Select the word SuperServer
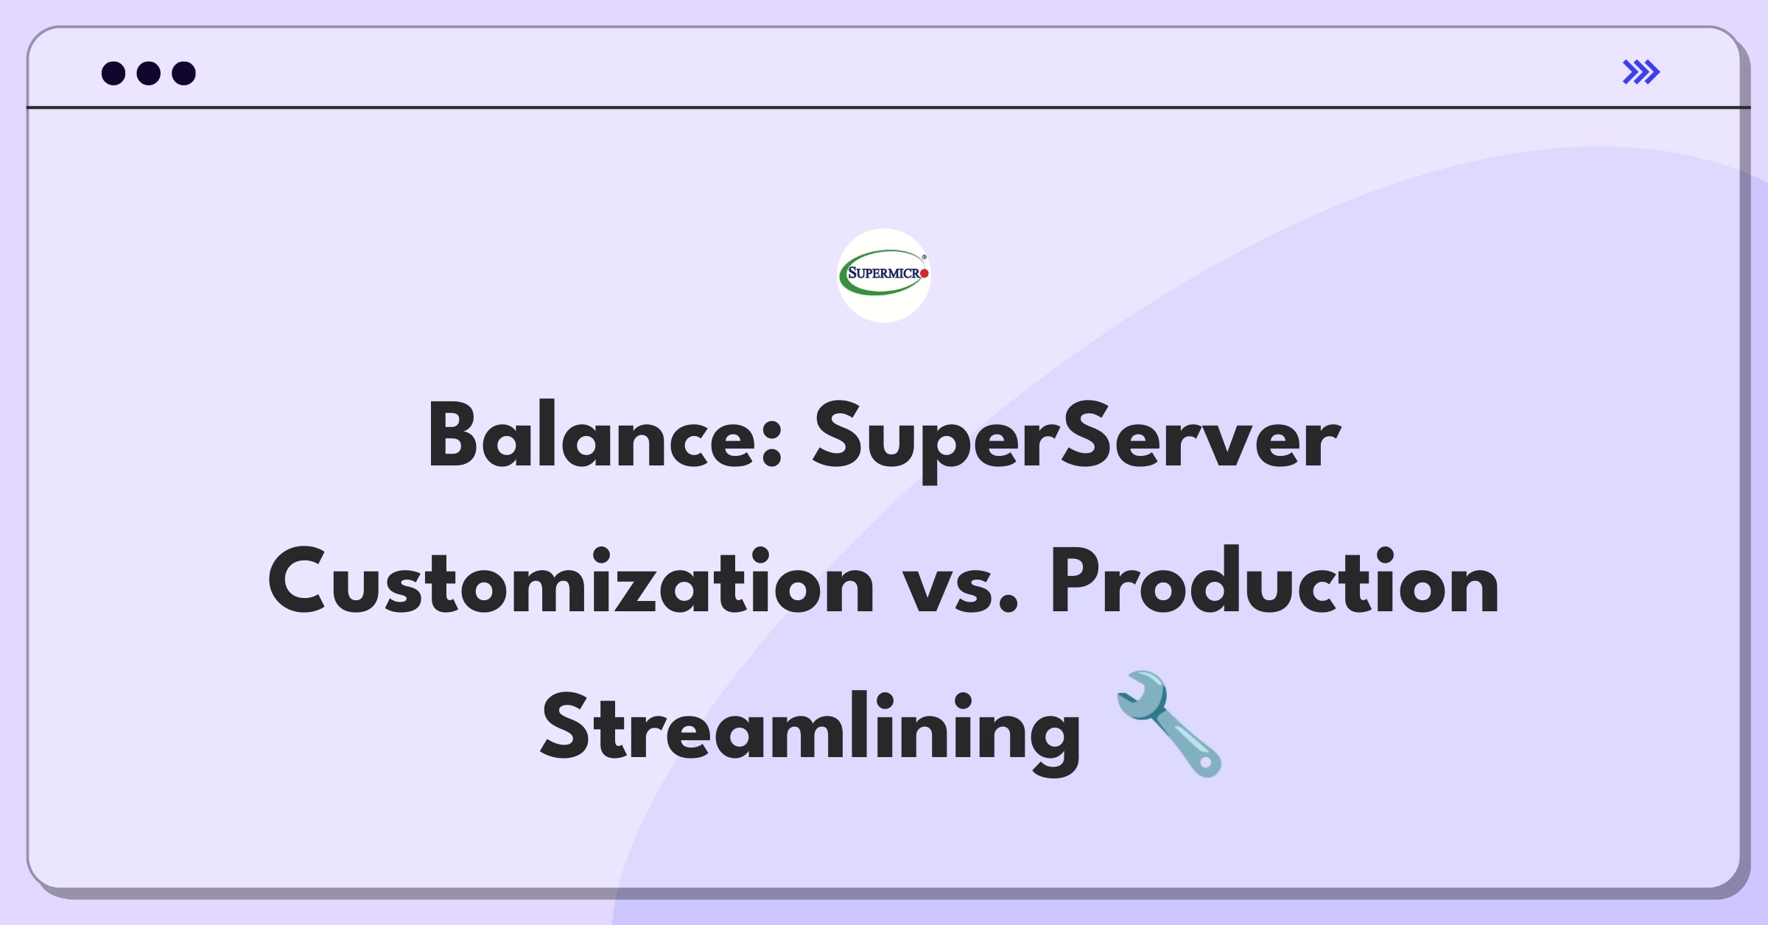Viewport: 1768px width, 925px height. [1076, 440]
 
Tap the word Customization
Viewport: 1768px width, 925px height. [571, 581]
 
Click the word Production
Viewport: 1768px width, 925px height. [1274, 581]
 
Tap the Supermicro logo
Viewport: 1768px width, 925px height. [884, 275]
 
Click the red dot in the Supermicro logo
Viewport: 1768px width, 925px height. [925, 274]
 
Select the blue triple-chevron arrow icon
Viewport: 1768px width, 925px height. [1641, 72]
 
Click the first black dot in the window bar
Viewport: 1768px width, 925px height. [113, 73]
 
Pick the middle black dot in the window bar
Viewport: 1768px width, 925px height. [149, 73]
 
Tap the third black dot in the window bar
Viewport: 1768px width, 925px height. [183, 73]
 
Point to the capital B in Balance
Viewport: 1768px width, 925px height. [453, 435]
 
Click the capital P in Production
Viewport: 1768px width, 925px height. [1076, 581]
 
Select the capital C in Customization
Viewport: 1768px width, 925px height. [298, 581]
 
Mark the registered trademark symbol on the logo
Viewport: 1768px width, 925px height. [925, 257]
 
